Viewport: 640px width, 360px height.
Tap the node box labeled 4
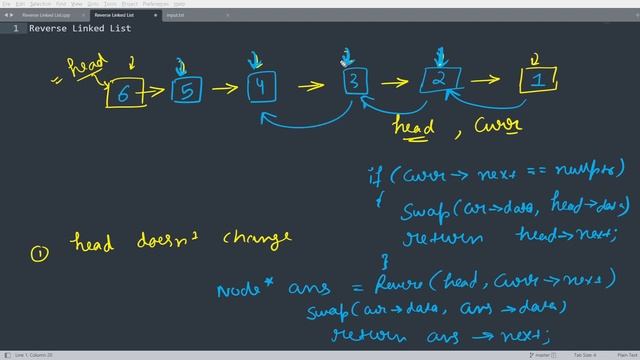point(261,87)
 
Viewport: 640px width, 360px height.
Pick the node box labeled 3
point(355,82)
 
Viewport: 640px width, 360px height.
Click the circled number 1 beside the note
point(38,254)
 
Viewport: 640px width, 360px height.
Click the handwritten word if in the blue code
point(376,176)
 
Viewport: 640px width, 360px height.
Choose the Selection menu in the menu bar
point(41,4)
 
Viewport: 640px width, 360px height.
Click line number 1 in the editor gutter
point(15,29)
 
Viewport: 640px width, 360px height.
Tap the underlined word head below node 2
point(413,128)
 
